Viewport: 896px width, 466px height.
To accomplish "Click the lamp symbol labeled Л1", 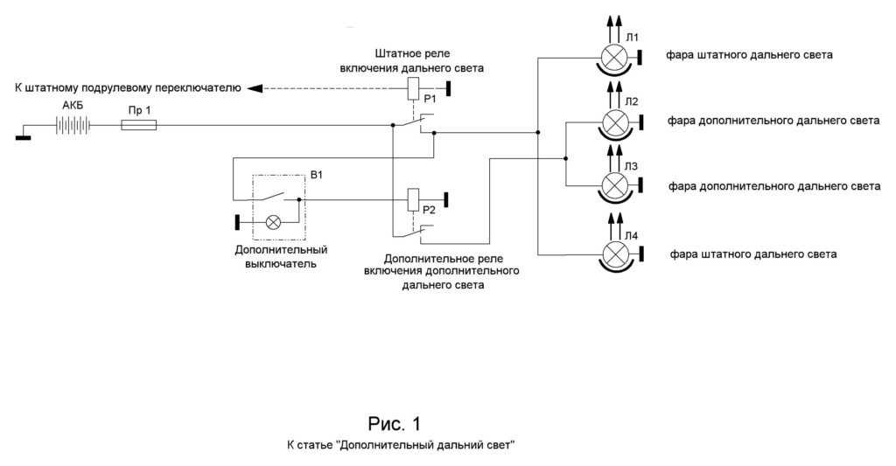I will coord(618,58).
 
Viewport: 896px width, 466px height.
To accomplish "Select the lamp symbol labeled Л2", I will coord(618,121).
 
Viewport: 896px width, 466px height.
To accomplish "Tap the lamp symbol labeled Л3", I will coord(618,185).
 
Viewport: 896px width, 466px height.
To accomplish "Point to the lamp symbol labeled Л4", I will coord(618,254).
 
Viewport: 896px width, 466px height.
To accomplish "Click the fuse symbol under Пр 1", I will coord(138,126).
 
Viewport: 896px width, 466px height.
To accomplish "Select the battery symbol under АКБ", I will coord(73,126).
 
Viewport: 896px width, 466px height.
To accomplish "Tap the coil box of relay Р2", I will coord(416,199).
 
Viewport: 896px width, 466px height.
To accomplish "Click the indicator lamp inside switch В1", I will coord(273,222).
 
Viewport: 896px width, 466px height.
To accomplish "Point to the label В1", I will coord(317,175).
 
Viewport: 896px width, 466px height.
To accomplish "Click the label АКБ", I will coord(73,105).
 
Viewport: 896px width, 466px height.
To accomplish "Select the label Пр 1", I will coord(136,109).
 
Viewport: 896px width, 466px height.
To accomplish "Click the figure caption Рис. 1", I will coord(394,425).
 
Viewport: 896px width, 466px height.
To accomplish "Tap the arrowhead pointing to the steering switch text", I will coord(252,87).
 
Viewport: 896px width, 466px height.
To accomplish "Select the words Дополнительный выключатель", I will coord(275,256).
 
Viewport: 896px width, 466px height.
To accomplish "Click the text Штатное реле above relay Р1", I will coord(411,53).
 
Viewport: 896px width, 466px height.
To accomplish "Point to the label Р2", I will coord(429,210).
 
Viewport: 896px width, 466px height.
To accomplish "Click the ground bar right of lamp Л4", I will coord(641,254).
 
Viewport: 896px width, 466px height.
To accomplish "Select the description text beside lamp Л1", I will coord(748,55).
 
